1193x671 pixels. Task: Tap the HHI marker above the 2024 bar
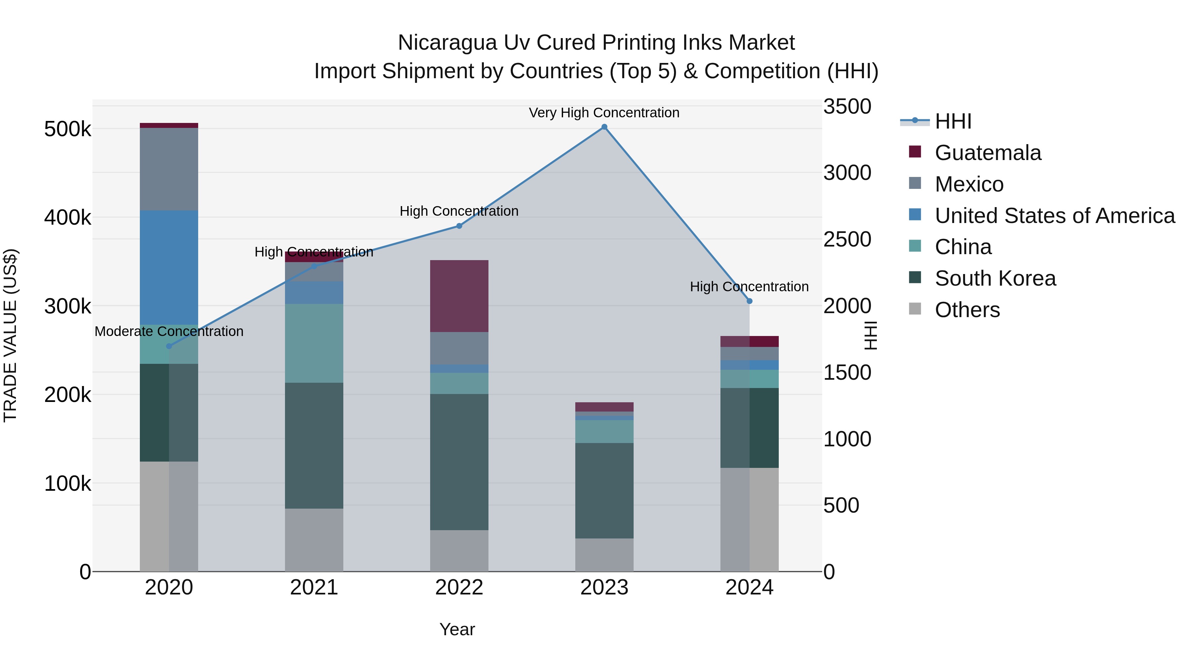tap(749, 301)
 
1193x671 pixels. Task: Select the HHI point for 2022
tap(459, 226)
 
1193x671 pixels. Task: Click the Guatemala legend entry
tap(988, 153)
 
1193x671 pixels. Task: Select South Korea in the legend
tap(995, 278)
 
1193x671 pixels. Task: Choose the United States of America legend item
tap(1054, 216)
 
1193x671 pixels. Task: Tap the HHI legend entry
tap(953, 121)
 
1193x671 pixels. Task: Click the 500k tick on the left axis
tap(67, 129)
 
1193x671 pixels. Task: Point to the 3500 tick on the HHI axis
tap(847, 106)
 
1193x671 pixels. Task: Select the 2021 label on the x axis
tap(314, 587)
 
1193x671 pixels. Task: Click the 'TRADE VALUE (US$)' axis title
tap(10, 335)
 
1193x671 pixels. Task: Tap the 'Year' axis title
tap(457, 629)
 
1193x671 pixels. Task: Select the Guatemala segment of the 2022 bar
tap(459, 296)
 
